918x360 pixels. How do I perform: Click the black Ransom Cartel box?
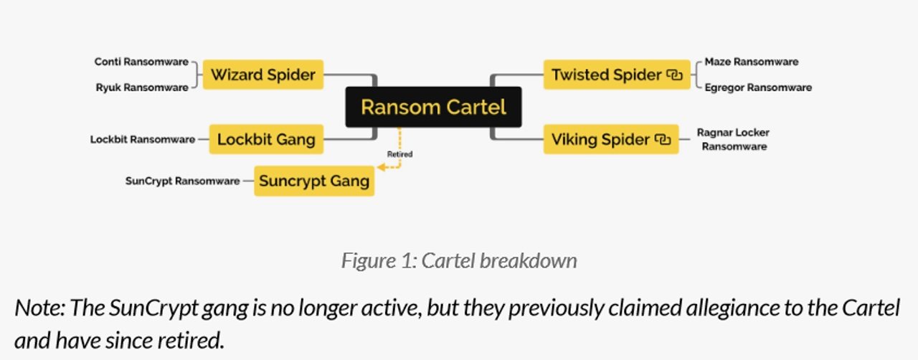coord(433,107)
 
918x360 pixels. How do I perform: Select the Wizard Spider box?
coord(262,75)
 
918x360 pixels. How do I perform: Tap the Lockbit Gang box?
coord(266,139)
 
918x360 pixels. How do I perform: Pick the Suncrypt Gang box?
coord(314,181)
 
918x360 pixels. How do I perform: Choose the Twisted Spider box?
coord(615,75)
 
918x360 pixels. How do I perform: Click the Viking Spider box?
coord(610,139)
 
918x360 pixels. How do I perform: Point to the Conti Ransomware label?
coord(141,62)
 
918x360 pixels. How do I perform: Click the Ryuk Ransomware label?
coord(142,87)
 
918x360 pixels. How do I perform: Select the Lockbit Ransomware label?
coord(142,139)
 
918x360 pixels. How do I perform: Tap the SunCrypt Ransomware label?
coord(182,181)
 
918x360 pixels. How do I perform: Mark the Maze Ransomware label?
coord(751,62)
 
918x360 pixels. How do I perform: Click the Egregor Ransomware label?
coord(758,87)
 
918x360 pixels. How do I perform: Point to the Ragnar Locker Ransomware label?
coord(733,139)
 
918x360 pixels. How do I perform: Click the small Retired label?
coord(399,154)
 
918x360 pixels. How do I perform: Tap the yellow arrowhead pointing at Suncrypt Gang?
coord(382,167)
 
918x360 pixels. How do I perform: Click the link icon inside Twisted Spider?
coord(674,75)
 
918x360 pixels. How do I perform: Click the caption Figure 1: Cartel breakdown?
coord(459,260)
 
